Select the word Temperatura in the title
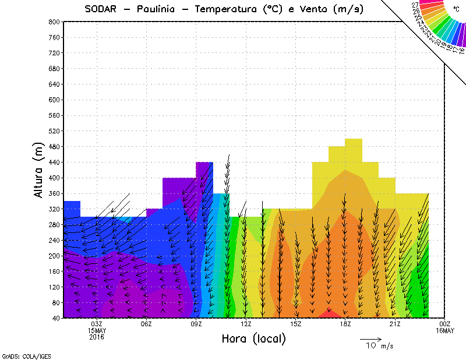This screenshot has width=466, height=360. [227, 9]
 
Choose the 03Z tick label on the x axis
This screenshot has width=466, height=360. [97, 324]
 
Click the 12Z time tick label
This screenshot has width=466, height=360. [246, 324]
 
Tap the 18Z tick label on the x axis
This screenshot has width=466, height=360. [345, 324]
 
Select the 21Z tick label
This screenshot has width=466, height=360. [395, 324]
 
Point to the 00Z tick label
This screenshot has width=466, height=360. [445, 324]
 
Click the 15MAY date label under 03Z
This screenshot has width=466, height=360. [97, 331]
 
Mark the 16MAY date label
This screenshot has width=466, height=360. [445, 331]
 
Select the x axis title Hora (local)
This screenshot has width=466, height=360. [253, 338]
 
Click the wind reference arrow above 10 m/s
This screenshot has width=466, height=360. [370, 338]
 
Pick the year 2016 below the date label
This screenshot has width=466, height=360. [97, 337]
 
